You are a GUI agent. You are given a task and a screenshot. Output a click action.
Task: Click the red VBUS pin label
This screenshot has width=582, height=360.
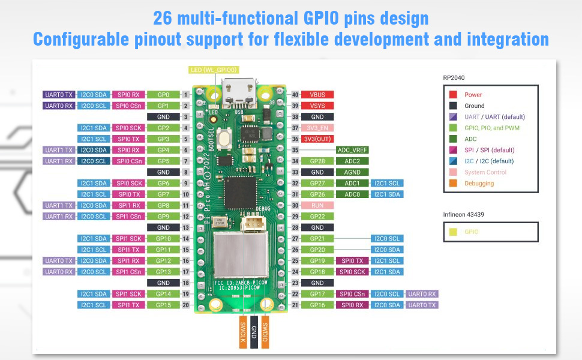[x=318, y=95]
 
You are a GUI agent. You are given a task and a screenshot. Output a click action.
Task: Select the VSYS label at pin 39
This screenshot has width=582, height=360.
[x=318, y=106]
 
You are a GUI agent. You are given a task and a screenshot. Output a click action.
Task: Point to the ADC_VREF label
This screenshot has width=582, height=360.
[x=352, y=150]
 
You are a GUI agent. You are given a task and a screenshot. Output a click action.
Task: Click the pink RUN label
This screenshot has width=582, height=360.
[x=318, y=205]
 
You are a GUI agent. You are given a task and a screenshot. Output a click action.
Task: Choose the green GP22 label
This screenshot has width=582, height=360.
[x=318, y=216]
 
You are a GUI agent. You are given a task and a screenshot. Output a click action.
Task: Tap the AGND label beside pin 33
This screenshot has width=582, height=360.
[x=352, y=172]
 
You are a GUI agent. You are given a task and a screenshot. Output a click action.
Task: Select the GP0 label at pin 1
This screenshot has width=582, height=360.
[x=163, y=95]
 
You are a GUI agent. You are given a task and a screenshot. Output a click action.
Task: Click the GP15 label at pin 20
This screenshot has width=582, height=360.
[x=163, y=305]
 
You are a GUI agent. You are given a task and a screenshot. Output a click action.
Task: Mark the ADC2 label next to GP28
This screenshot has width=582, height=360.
[x=352, y=161]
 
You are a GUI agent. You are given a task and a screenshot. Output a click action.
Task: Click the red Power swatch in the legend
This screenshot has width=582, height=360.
[x=453, y=95]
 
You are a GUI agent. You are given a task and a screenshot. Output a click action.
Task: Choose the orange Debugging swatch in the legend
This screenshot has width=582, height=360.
[x=453, y=183]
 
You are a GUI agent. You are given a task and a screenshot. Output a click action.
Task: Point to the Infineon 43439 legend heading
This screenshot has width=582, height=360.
[x=464, y=214]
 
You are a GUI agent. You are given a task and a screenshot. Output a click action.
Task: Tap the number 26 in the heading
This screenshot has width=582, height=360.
[x=163, y=17]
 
